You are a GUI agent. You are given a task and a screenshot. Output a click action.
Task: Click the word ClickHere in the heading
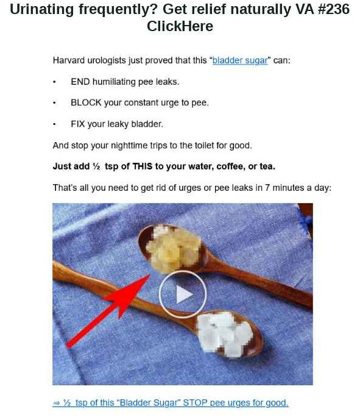(x=180, y=26)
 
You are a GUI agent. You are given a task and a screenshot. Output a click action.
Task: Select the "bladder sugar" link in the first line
(x=240, y=60)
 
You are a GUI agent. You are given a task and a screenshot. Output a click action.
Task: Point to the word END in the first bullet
(x=80, y=82)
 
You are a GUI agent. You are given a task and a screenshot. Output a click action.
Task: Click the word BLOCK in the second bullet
(x=86, y=102)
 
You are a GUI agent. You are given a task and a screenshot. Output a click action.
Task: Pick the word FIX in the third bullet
(x=77, y=124)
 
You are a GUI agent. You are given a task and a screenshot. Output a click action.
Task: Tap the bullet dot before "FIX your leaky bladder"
(x=54, y=124)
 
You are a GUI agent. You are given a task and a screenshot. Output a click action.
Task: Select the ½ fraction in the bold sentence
(x=96, y=166)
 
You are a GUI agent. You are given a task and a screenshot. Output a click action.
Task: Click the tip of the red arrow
(x=150, y=275)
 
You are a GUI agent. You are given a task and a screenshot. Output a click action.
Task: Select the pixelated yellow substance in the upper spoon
(x=174, y=248)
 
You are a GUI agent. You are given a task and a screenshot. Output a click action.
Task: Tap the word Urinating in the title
(x=41, y=10)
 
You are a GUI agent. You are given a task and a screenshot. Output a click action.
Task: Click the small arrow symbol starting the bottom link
(x=56, y=403)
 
